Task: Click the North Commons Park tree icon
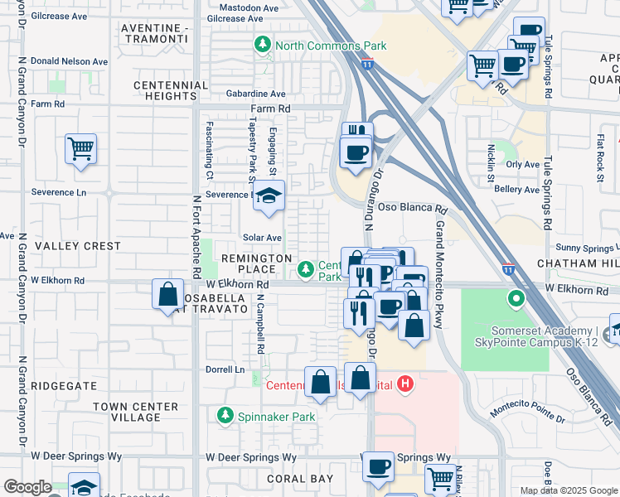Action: click(x=263, y=45)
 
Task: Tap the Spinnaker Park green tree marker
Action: click(x=224, y=415)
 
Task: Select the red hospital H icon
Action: click(x=405, y=384)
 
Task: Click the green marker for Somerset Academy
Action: click(x=517, y=298)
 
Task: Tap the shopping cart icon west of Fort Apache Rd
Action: click(x=80, y=150)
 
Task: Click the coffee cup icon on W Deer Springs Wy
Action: click(x=378, y=467)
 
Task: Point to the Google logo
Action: click(x=27, y=487)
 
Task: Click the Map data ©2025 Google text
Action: click(x=568, y=490)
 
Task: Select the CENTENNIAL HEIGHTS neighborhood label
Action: click(x=170, y=90)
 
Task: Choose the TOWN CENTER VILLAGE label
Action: click(x=135, y=412)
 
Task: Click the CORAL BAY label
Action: click(x=299, y=479)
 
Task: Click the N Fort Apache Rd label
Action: click(x=197, y=236)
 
